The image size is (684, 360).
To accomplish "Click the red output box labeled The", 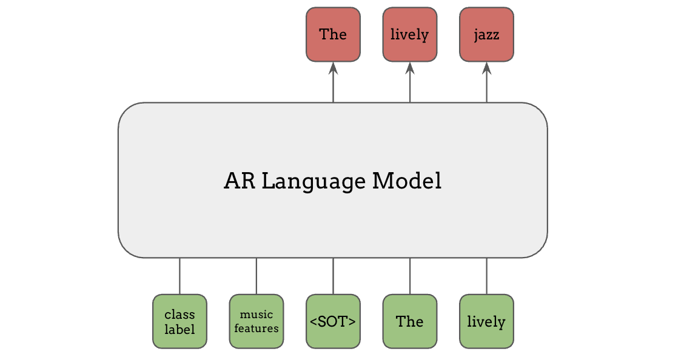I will [x=333, y=35].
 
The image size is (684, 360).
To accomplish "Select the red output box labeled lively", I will [x=409, y=35].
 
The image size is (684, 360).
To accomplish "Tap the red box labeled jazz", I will [x=486, y=35].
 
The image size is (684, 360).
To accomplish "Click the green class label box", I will [x=179, y=321].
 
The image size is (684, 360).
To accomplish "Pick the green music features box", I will [x=256, y=321].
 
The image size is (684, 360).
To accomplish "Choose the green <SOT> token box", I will [x=333, y=321].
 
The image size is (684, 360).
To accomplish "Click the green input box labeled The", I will [x=409, y=321].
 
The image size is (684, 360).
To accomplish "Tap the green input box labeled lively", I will [x=486, y=321].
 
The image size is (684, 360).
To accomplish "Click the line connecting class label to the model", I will [x=179, y=276].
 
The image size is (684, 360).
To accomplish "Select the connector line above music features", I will [x=256, y=276].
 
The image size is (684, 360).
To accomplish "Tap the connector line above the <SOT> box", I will [x=333, y=276].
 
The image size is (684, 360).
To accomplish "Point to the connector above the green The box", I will [x=410, y=276].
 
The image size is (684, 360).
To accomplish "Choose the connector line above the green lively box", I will [x=486, y=276].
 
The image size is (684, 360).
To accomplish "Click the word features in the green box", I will [x=256, y=328].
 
